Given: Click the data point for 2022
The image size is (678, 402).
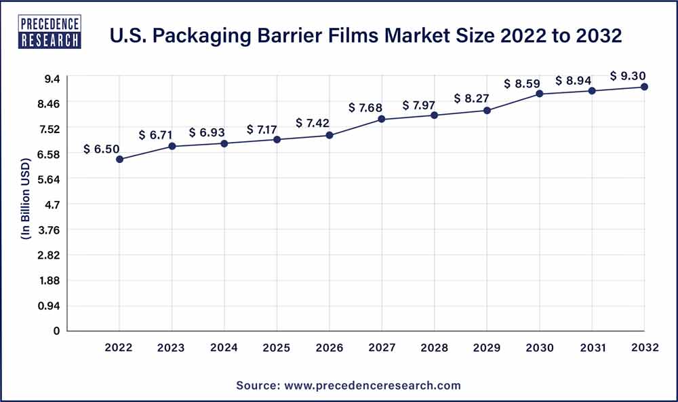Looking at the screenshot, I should (119, 160).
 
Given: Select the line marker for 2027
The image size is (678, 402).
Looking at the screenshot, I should (382, 120).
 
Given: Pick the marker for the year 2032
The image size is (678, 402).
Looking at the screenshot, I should (645, 87).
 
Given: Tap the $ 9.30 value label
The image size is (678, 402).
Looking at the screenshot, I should (628, 75).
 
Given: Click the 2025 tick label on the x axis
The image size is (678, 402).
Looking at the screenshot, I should (277, 348).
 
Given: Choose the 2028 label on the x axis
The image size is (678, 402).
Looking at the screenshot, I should (435, 348).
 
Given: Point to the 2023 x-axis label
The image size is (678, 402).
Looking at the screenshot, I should (172, 348).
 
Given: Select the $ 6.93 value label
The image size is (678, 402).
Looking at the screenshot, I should (207, 132).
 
